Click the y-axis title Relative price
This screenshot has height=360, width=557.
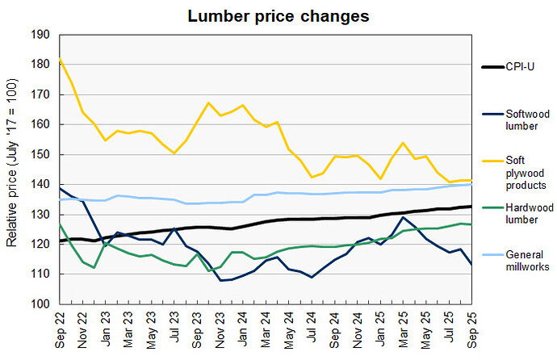(11, 171)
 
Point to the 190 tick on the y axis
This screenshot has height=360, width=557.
(40, 35)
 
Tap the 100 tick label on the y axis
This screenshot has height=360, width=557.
(40, 304)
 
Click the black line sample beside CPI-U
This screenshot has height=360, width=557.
(492, 67)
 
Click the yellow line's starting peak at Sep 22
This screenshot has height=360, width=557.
(59, 59)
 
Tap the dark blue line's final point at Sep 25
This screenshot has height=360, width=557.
(471, 264)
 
